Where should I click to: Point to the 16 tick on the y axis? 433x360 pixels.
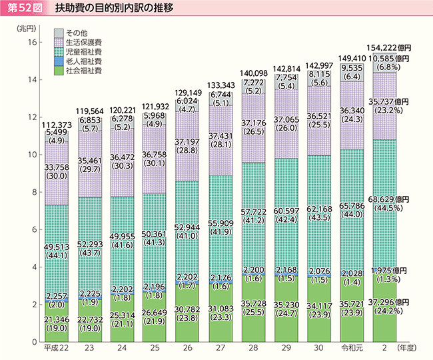[x=31, y=43]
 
